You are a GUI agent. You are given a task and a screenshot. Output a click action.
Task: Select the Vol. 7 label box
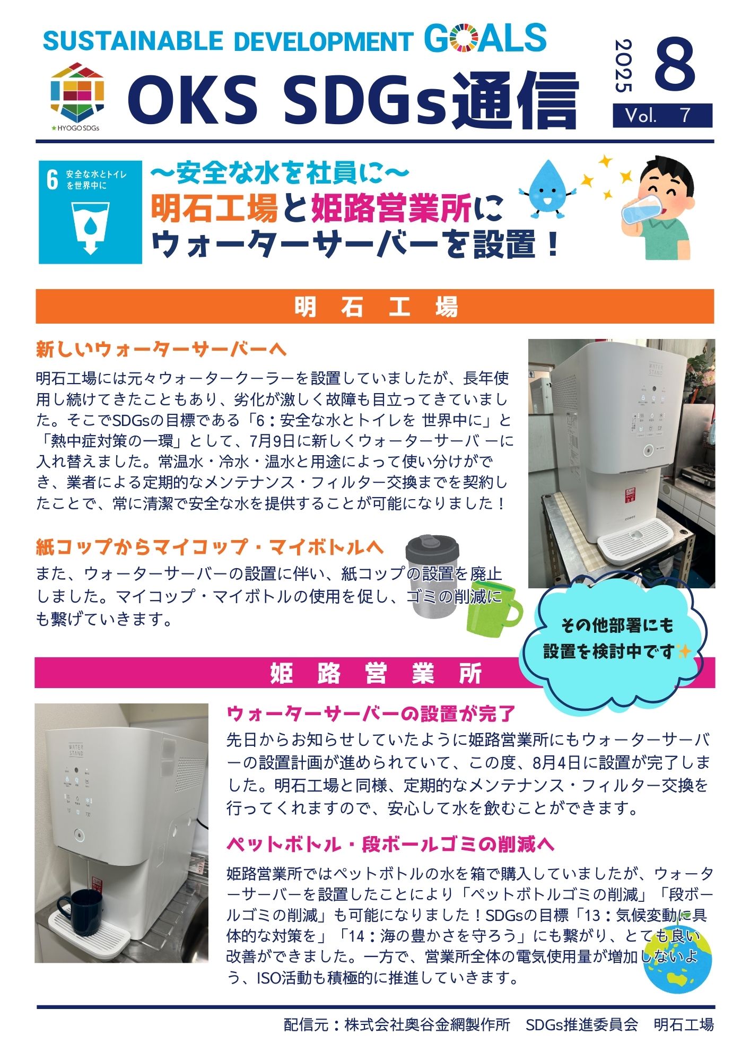[662, 116]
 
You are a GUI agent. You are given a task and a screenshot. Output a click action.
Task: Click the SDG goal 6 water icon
[90, 212]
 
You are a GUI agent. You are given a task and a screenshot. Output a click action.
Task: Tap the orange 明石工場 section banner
[374, 307]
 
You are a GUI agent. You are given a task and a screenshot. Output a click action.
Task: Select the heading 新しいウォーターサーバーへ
[161, 350]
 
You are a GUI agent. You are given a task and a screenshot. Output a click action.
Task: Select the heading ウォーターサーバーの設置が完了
[371, 714]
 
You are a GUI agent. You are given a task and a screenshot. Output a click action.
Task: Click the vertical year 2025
[623, 66]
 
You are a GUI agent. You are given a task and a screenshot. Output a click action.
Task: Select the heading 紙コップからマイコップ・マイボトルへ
[210, 547]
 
